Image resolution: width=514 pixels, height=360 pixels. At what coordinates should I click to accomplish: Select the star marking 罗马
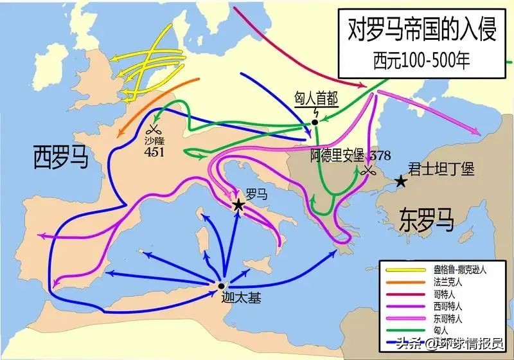238,204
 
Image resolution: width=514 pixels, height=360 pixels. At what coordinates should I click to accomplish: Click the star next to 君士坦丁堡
401,182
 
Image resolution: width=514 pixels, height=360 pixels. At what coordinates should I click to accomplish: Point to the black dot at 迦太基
221,286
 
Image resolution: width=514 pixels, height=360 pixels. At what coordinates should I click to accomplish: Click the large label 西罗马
60,156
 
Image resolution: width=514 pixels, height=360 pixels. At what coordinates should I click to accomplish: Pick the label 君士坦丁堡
441,169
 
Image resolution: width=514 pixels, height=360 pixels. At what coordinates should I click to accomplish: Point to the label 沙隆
154,139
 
